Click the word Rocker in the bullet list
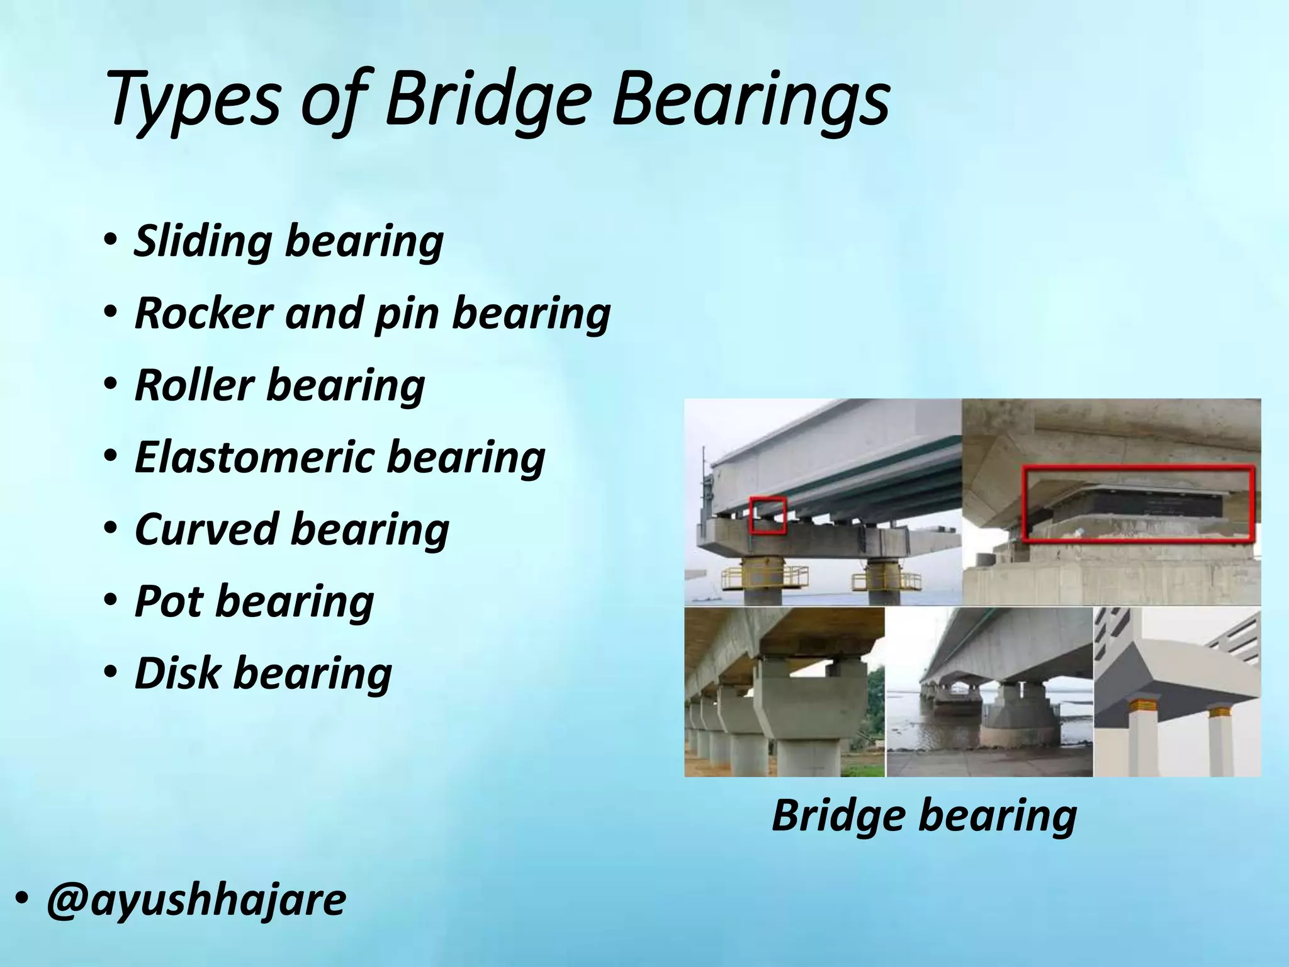point(204,313)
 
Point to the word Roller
point(194,385)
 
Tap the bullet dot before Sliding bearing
point(110,241)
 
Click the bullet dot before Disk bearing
point(110,672)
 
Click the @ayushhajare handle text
point(196,900)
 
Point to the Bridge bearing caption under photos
point(924,815)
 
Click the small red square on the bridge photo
point(768,515)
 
